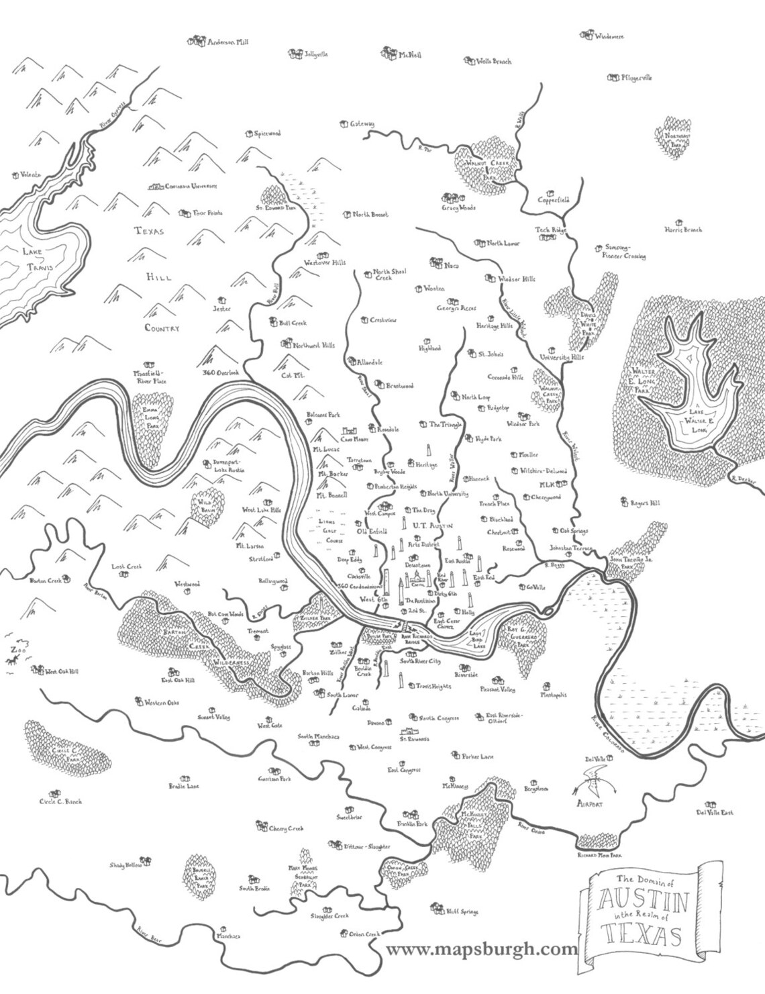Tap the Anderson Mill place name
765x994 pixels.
coord(227,42)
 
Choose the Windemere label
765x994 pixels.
coord(609,37)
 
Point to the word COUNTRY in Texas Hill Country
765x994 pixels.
coord(162,328)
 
